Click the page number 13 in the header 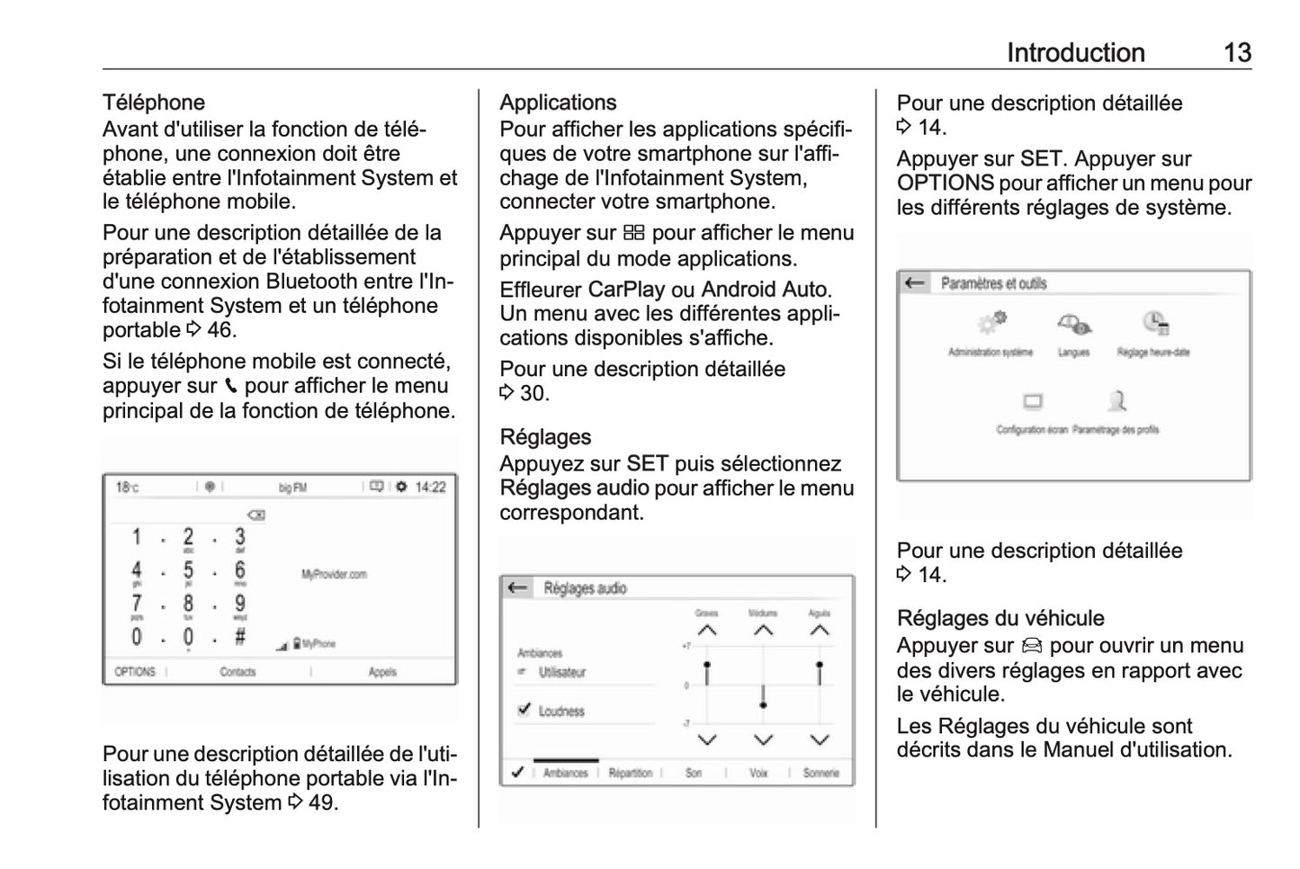click(x=1237, y=53)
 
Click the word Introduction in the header click(x=1075, y=53)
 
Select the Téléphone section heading click(x=154, y=103)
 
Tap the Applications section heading click(x=558, y=103)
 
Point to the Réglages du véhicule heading click(x=1000, y=618)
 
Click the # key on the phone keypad click(x=240, y=637)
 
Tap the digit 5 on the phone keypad click(x=188, y=570)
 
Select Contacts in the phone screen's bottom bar click(x=238, y=672)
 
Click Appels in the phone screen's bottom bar click(x=382, y=672)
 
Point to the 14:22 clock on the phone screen click(x=430, y=488)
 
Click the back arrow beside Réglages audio click(x=517, y=588)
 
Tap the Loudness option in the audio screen click(x=560, y=711)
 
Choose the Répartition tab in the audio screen click(x=630, y=773)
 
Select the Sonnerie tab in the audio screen click(x=820, y=773)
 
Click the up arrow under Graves click(x=707, y=631)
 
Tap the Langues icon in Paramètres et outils click(x=1073, y=325)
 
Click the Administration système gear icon click(x=991, y=323)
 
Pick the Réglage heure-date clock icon click(x=1154, y=323)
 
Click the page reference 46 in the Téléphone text click(x=220, y=330)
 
